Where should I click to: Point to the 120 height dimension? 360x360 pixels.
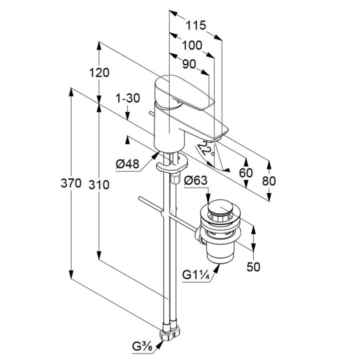[x=99, y=72]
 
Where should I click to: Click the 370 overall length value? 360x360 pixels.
[x=71, y=184]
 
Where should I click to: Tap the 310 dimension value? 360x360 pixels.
[x=99, y=184]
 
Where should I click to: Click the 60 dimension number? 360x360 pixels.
[x=245, y=173]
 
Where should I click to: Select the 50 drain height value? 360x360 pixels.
[x=253, y=266]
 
